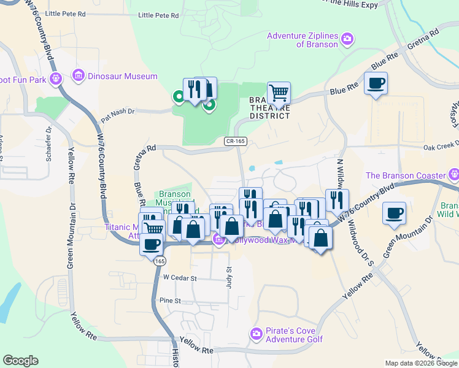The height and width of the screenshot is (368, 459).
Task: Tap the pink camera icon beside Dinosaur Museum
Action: pyautogui.click(x=78, y=77)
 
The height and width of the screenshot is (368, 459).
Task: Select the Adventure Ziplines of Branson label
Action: pyautogui.click(x=303, y=40)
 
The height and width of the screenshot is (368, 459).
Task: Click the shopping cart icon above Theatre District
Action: pyautogui.click(x=279, y=93)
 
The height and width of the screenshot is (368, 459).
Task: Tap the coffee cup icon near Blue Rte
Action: pyautogui.click(x=376, y=83)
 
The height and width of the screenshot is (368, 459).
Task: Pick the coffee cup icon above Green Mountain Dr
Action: pyautogui.click(x=394, y=213)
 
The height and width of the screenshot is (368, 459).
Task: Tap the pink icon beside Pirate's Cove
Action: pyautogui.click(x=256, y=334)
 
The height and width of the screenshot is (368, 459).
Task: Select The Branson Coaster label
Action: pyautogui.click(x=404, y=175)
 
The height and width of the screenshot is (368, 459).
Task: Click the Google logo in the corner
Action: pyautogui.click(x=20, y=361)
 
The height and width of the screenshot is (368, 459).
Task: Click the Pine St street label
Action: pyautogui.click(x=171, y=301)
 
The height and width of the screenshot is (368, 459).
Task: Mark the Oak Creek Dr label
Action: pyautogui.click(x=441, y=145)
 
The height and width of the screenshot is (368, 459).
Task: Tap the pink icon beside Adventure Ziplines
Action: pyautogui.click(x=348, y=40)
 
